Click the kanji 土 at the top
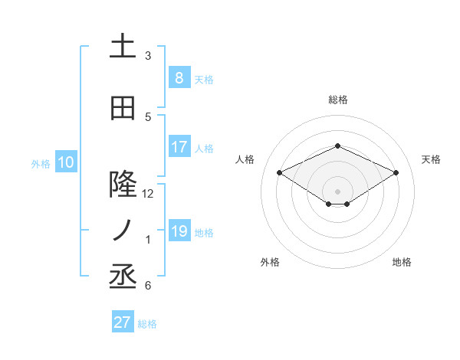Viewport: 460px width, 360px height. (123, 47)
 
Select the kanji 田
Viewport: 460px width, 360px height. (123, 109)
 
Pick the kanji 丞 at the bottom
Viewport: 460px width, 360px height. (123, 276)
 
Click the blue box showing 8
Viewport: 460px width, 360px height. (179, 77)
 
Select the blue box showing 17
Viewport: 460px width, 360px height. (179, 147)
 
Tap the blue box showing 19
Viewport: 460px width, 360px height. (179, 231)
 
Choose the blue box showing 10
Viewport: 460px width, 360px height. (65, 162)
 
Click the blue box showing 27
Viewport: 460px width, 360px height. (123, 322)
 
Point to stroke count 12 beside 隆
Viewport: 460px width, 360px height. (148, 193)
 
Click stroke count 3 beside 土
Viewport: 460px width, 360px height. (148, 56)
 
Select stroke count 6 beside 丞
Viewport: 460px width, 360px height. (148, 286)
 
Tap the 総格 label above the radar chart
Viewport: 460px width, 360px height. (338, 100)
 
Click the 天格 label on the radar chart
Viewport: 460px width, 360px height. (431, 159)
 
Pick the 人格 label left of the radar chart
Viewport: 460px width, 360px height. (245, 159)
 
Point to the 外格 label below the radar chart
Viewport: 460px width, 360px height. (270, 262)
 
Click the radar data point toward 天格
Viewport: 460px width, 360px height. (396, 173)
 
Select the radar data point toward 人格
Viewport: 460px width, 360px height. (279, 173)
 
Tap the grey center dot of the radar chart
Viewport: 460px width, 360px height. (337, 191)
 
